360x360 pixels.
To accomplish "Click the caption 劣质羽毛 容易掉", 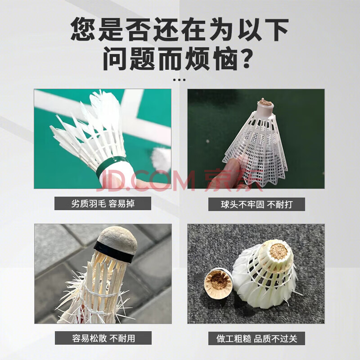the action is pos(103,203).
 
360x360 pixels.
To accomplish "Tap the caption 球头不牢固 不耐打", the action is pos(256,204).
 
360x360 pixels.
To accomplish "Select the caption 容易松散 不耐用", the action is pos(103,338).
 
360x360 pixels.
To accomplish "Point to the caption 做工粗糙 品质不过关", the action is pos(256,338).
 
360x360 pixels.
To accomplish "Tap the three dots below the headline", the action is pos(179,80).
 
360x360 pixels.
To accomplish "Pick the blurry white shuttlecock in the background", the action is pos(162,158).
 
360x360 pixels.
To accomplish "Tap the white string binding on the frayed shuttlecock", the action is pos(99,293).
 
